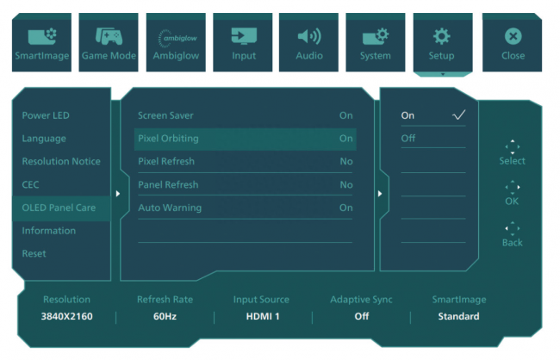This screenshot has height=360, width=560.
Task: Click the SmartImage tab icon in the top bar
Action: [x=42, y=36]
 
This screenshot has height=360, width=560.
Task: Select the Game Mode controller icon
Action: [x=109, y=36]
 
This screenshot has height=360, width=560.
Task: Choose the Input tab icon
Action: [x=244, y=36]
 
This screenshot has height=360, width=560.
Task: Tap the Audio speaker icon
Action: [x=309, y=36]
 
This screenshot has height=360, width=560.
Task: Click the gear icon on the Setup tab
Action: [x=442, y=36]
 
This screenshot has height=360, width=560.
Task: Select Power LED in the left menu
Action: [x=46, y=115]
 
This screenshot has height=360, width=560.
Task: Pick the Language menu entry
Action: [x=44, y=139]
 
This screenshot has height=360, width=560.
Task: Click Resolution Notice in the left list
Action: [x=61, y=161]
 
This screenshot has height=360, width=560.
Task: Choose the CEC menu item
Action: [x=30, y=184]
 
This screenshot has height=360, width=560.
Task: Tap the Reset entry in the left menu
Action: [x=34, y=253]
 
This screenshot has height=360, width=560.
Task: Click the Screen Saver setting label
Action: [x=165, y=115]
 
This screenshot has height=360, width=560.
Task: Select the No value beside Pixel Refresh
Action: [x=346, y=161]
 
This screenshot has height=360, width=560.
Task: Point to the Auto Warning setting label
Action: [x=170, y=208]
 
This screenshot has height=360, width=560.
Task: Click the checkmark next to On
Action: [x=458, y=115]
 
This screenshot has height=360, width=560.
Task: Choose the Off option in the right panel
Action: [x=408, y=138]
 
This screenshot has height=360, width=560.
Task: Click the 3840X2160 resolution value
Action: [x=67, y=316]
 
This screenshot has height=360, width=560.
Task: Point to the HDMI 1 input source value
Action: [x=263, y=316]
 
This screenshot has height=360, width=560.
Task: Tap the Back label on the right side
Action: [x=512, y=243]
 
